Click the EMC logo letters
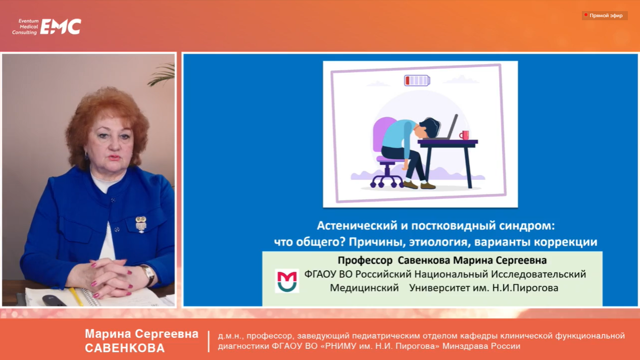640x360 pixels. coord(61,27)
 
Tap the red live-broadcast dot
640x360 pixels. coord(586,15)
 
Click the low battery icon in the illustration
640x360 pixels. coord(417,80)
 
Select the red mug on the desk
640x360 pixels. coord(464,135)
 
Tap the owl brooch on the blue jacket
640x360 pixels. coord(141,224)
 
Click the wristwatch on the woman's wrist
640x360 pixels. coord(149,275)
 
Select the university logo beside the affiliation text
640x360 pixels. coord(287,281)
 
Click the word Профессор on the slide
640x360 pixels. coord(365,261)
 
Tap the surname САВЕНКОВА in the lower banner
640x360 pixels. coord(125,348)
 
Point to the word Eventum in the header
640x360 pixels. coord(29,21)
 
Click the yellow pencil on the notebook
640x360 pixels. coord(76,296)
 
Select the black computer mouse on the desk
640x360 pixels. coord(54,300)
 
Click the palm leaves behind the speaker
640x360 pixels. coord(162,73)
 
